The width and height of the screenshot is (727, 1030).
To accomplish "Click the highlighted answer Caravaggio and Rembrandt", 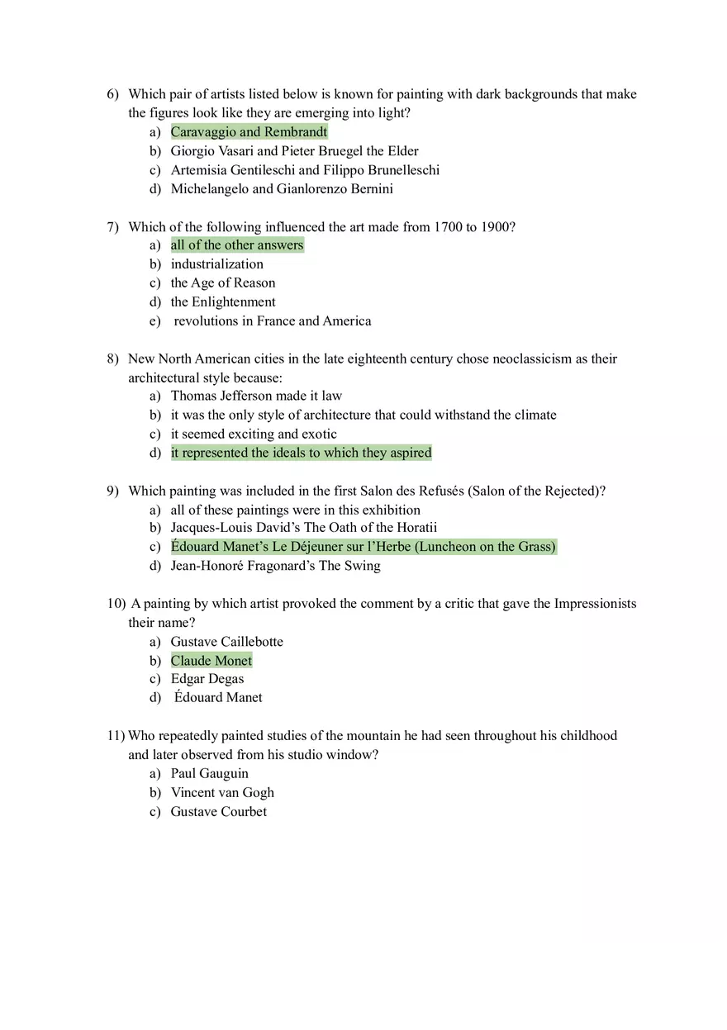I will (x=249, y=132).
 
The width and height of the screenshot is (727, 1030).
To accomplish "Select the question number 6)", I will (x=113, y=94).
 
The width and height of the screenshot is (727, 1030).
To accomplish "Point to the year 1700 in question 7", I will (x=448, y=227).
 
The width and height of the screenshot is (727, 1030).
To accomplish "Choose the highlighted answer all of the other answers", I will (x=237, y=245).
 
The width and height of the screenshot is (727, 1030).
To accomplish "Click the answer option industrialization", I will (x=217, y=264).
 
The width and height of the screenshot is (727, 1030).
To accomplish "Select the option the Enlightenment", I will (x=223, y=302).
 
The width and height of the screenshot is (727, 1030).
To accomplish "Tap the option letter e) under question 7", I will (x=155, y=321).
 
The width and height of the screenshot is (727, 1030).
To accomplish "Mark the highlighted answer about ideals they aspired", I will (x=301, y=453).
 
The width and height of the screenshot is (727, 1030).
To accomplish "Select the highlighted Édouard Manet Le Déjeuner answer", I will (x=363, y=547).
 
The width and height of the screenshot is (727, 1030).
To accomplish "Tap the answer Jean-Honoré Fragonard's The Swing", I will (x=275, y=566).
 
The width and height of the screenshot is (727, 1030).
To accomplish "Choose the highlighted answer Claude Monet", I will (x=211, y=661).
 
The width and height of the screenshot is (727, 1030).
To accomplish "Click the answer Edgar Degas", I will (x=207, y=679).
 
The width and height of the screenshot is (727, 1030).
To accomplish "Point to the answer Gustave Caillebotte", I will (x=226, y=642).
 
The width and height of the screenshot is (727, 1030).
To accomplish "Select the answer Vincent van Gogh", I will (x=222, y=793).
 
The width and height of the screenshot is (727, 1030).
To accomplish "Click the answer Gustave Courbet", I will (x=218, y=812).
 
